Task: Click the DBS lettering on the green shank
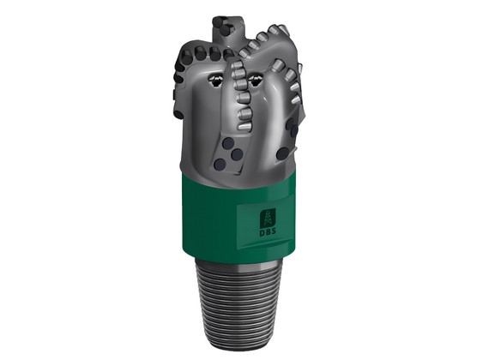click(268, 231)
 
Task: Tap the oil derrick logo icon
click(268, 218)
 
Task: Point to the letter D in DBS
click(263, 231)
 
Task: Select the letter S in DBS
click(274, 231)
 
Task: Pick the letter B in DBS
click(268, 231)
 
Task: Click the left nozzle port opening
click(216, 80)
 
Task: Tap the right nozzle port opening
click(256, 80)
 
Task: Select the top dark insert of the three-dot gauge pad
click(228, 142)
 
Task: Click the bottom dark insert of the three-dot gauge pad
click(220, 165)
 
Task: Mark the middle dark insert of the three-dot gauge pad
click(237, 155)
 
